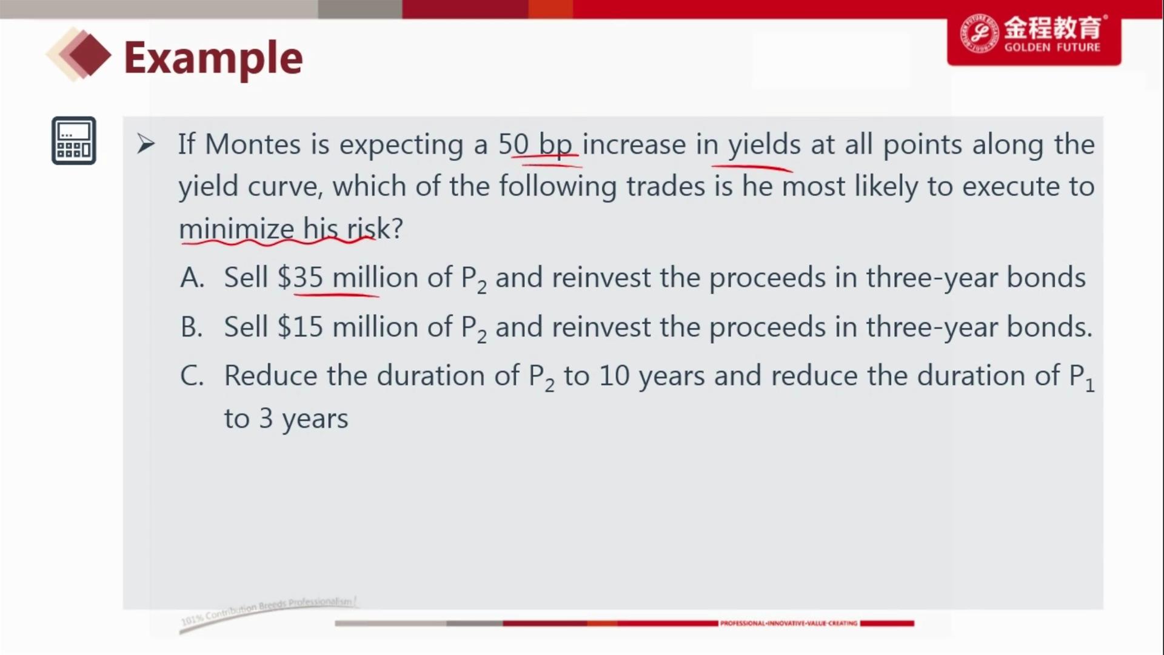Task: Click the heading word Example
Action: click(x=213, y=59)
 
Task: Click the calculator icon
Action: click(x=74, y=141)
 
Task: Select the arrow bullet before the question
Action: click(x=145, y=144)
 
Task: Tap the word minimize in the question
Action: click(x=236, y=229)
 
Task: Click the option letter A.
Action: click(x=192, y=278)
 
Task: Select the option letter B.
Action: click(x=192, y=327)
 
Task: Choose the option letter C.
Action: click(x=192, y=376)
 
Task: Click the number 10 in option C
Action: click(x=614, y=376)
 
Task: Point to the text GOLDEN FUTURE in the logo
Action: click(x=1052, y=47)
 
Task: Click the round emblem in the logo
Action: click(x=979, y=33)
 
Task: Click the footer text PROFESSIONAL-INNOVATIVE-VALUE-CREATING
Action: click(x=789, y=623)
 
